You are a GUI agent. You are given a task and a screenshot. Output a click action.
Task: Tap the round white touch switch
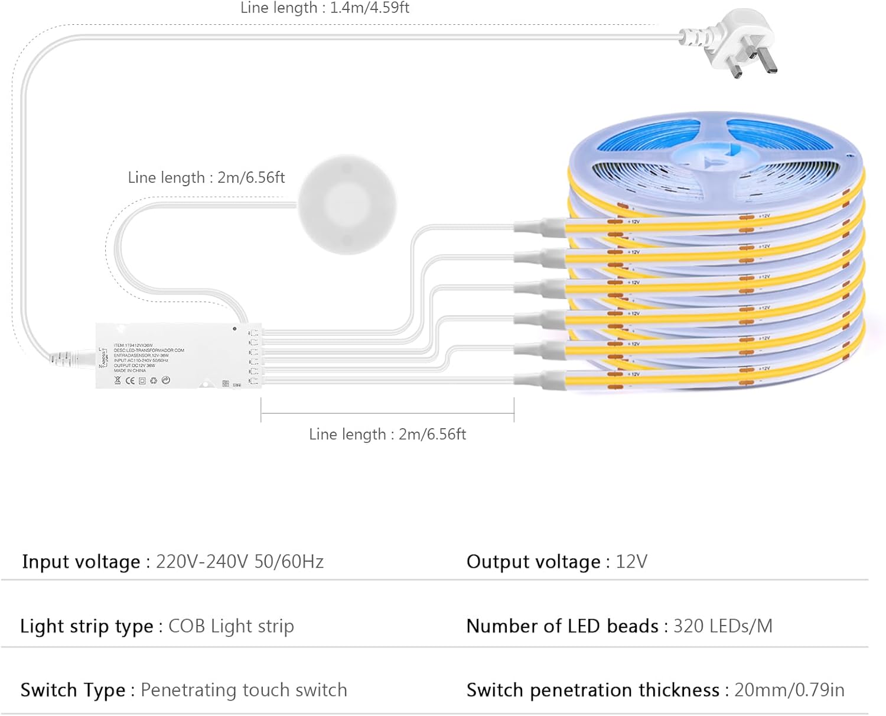(347, 204)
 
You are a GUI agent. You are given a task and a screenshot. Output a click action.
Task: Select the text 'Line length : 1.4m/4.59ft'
(324, 8)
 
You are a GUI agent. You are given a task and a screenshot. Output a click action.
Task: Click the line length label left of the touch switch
(206, 177)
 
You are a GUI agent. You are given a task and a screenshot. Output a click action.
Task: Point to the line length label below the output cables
(387, 435)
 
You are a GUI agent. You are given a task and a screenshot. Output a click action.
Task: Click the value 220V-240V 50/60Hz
(240, 561)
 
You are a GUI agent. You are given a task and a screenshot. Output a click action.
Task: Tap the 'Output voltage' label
(533, 561)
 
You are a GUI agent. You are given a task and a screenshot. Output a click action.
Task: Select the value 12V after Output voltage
(631, 561)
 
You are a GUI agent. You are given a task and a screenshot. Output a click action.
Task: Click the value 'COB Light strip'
(231, 626)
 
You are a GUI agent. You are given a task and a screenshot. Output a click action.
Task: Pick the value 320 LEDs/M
(722, 626)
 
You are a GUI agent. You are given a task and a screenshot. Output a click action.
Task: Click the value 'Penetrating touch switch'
(243, 690)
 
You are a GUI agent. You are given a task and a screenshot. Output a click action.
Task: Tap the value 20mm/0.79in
(789, 690)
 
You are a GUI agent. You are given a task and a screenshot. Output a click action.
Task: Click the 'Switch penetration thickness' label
(593, 690)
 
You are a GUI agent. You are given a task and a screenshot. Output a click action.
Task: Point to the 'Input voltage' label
(81, 561)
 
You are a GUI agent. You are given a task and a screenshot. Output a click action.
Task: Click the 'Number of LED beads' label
(562, 626)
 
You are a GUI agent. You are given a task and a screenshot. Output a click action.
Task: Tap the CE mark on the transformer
(130, 381)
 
